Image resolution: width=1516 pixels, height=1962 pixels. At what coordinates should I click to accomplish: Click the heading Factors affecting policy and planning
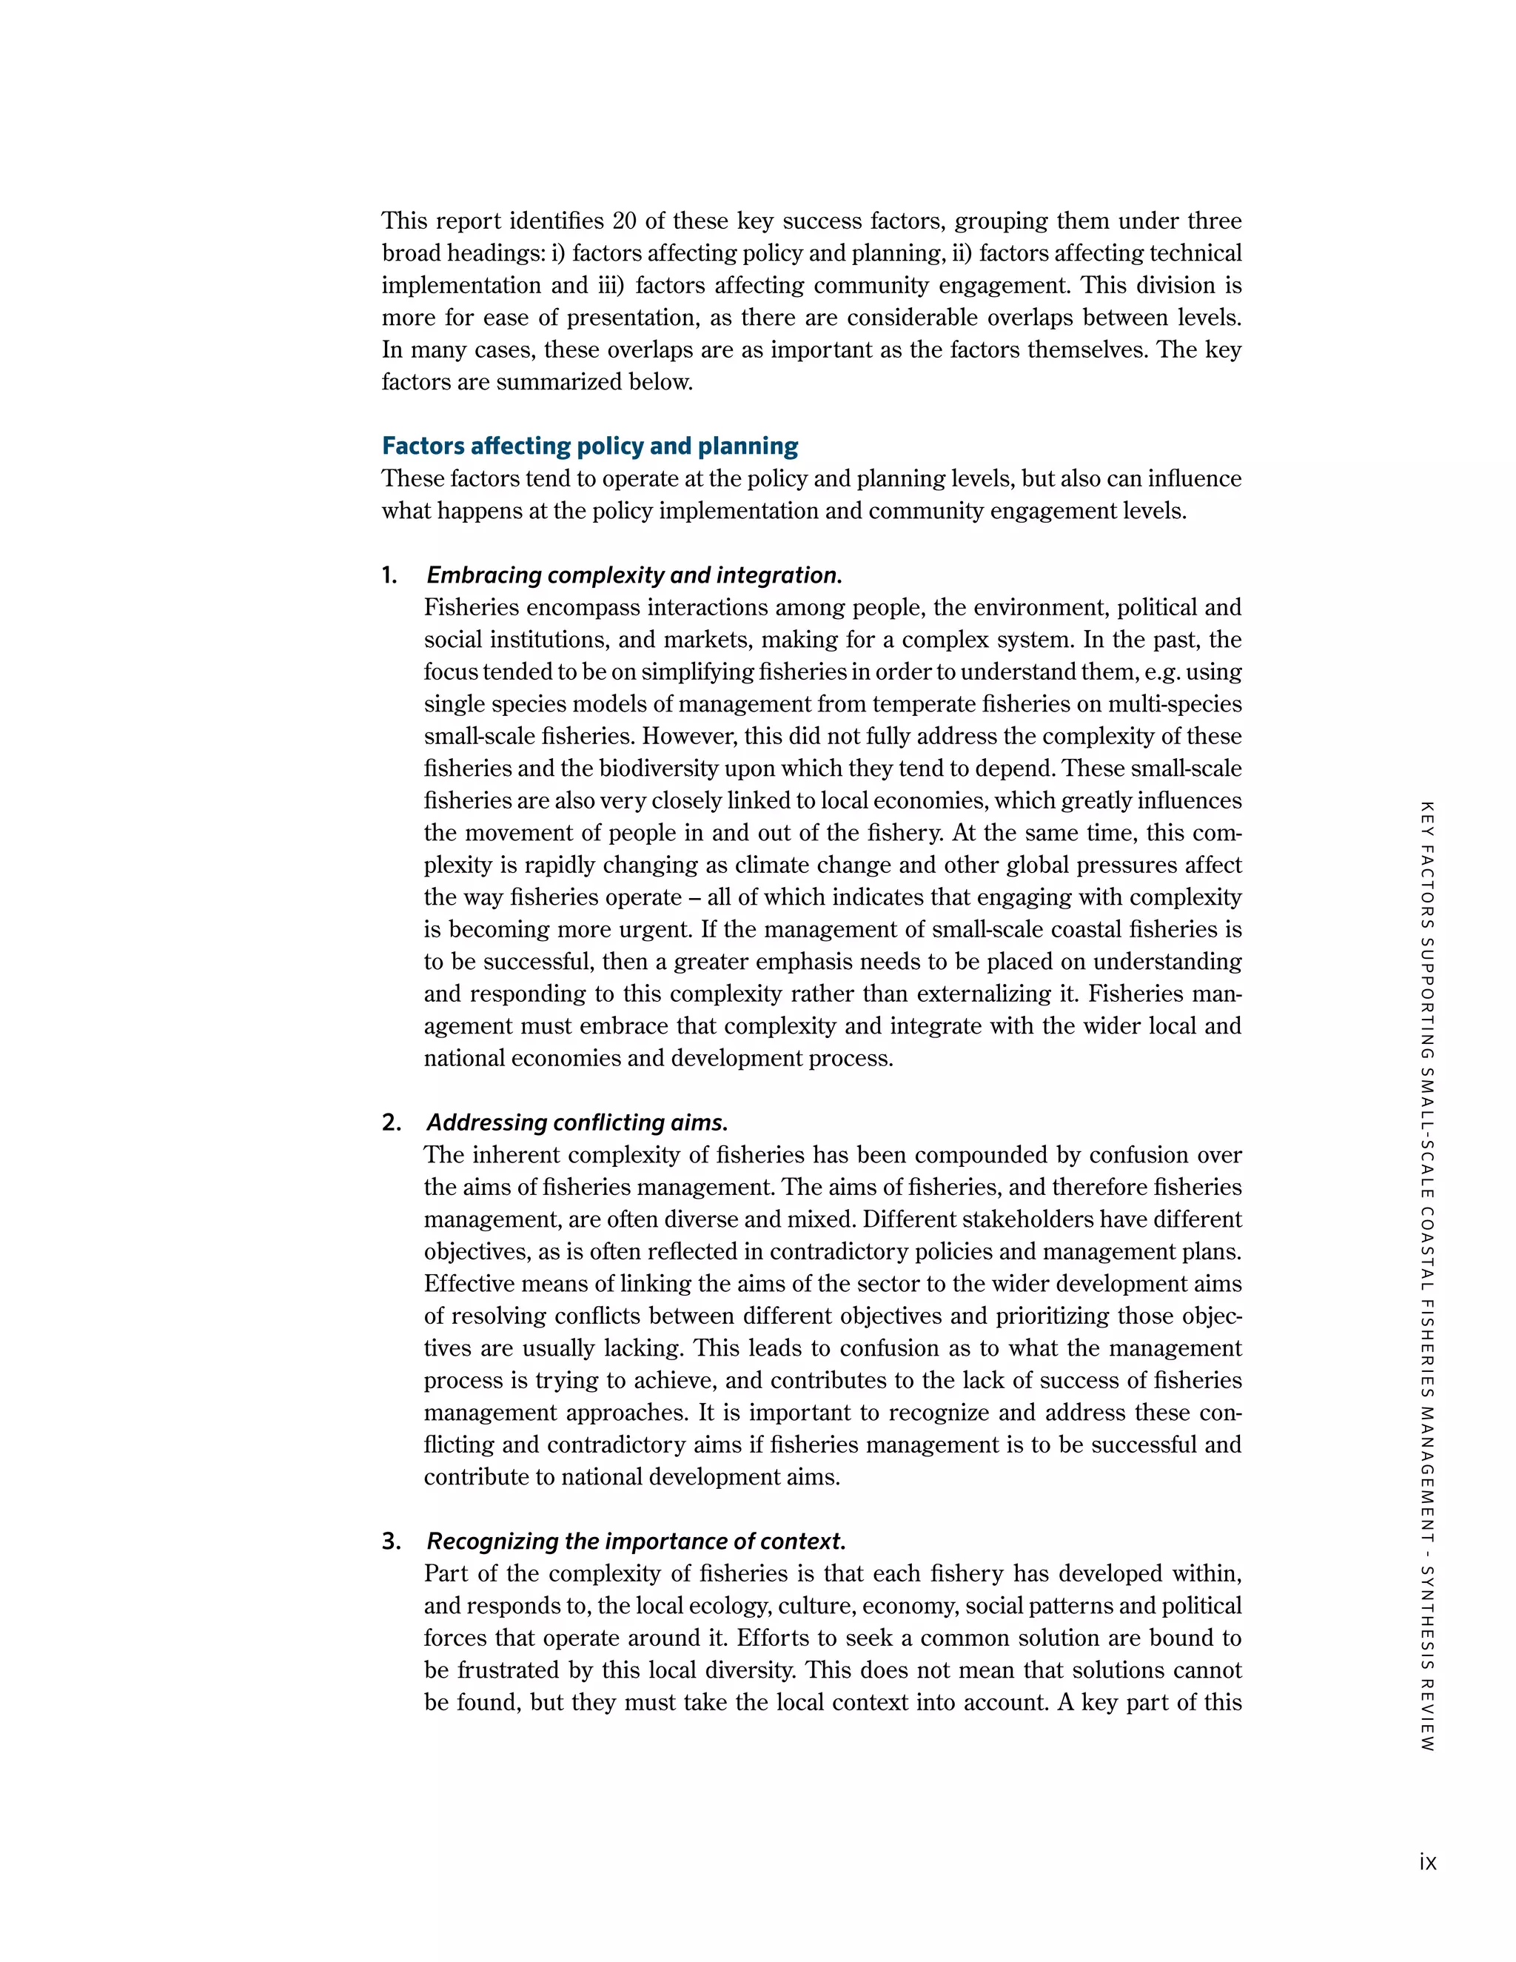[589, 446]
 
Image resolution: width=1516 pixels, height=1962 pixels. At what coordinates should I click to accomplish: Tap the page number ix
[1427, 1862]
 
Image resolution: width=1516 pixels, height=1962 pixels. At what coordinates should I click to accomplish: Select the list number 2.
[391, 1123]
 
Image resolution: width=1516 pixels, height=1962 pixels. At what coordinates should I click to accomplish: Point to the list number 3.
[391, 1541]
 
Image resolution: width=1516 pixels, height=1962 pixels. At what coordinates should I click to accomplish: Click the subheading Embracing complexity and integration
[634, 576]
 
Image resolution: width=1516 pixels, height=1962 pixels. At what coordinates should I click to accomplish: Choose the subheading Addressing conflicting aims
[577, 1123]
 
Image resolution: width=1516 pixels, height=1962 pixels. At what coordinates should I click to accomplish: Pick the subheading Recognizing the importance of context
[636, 1541]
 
